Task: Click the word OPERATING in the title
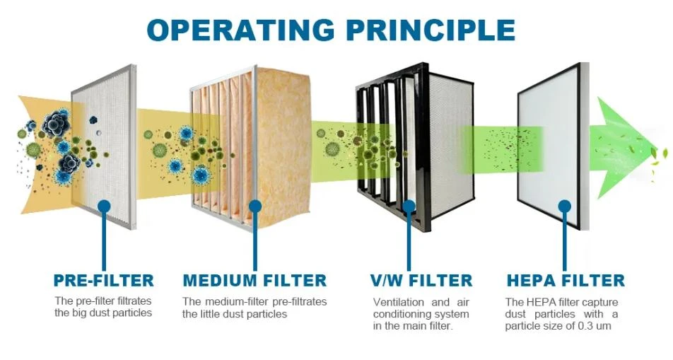(241, 30)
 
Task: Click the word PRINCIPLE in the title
(431, 30)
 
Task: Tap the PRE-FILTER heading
(103, 281)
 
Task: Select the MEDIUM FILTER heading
(254, 281)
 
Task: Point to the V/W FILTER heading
(421, 281)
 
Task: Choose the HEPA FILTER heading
(566, 281)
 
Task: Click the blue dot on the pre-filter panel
(104, 207)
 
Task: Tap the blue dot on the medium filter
(255, 207)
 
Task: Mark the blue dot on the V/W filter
(409, 207)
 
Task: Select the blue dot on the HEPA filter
(565, 207)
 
